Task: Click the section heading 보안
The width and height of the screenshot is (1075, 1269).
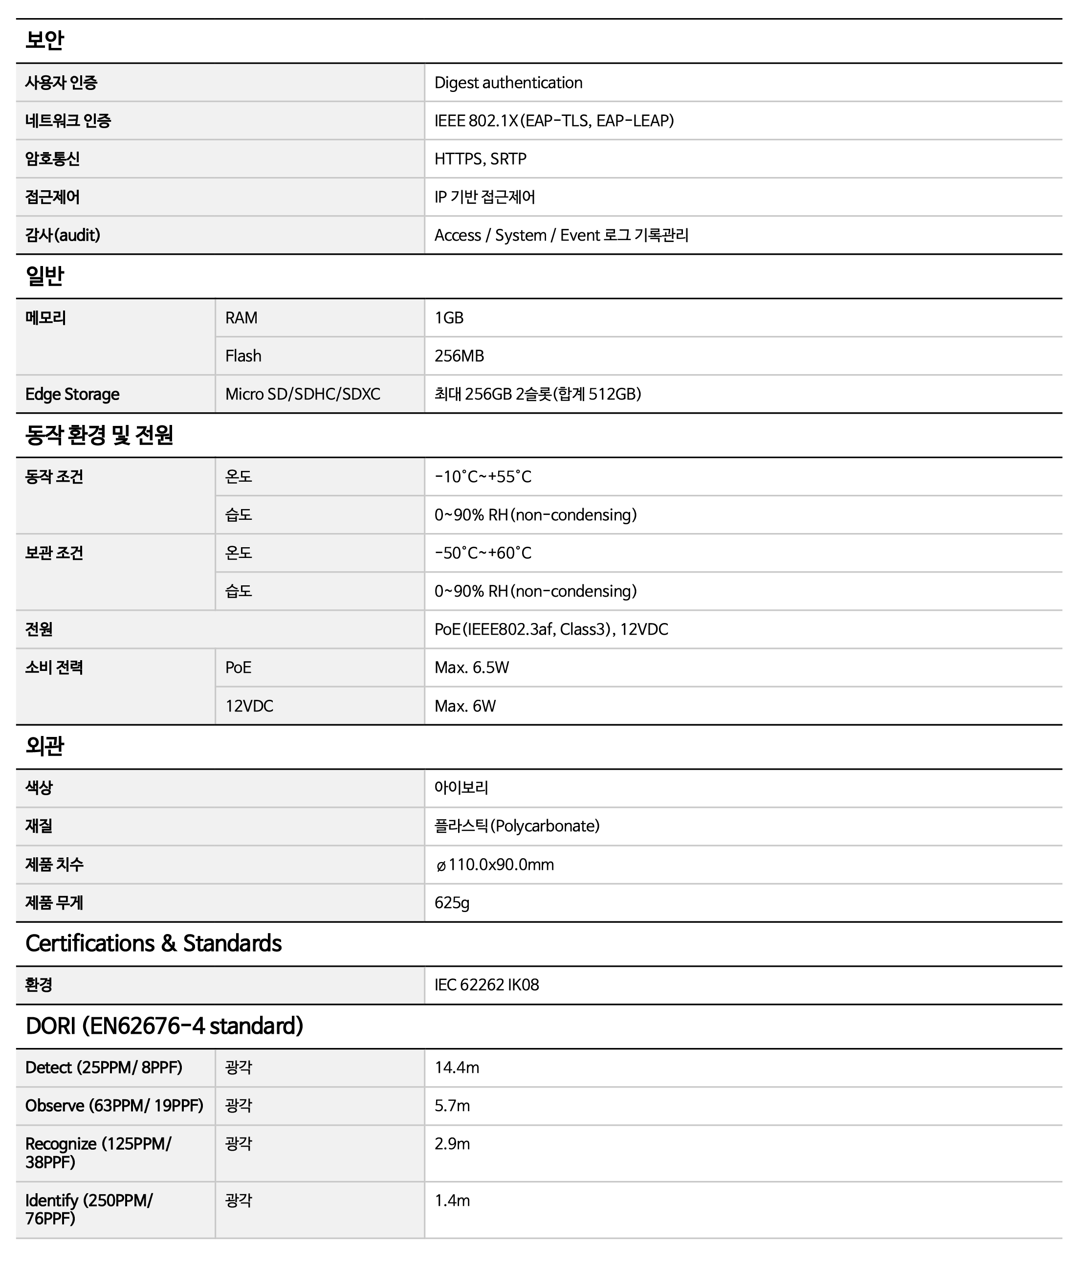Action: pos(44,40)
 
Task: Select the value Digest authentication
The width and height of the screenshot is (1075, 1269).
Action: pos(508,83)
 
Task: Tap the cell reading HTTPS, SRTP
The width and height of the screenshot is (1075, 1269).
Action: pos(480,159)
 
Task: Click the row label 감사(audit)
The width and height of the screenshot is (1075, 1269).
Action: pos(63,235)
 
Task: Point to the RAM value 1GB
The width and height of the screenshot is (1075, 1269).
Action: pos(449,318)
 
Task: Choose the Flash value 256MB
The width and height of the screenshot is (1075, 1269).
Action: pos(459,356)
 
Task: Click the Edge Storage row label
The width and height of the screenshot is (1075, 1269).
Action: pos(72,394)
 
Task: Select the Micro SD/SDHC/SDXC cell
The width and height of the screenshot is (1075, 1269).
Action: pos(303,394)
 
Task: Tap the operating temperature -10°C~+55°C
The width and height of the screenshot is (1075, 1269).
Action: pos(483,477)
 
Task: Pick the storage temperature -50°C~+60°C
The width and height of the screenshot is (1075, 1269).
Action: pos(483,553)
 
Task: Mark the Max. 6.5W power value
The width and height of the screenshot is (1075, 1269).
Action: pos(472,668)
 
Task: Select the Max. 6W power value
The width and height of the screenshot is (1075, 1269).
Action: pos(465,706)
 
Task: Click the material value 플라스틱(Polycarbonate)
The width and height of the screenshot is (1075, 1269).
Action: pos(517,826)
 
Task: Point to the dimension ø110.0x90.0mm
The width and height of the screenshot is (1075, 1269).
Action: pos(494,864)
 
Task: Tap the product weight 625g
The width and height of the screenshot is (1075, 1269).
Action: pos(452,903)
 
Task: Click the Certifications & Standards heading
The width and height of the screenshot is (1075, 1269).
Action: pos(154,943)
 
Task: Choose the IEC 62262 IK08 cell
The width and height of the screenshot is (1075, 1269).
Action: pos(486,985)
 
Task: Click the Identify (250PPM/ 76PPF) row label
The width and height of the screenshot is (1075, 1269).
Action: pos(89,1209)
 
